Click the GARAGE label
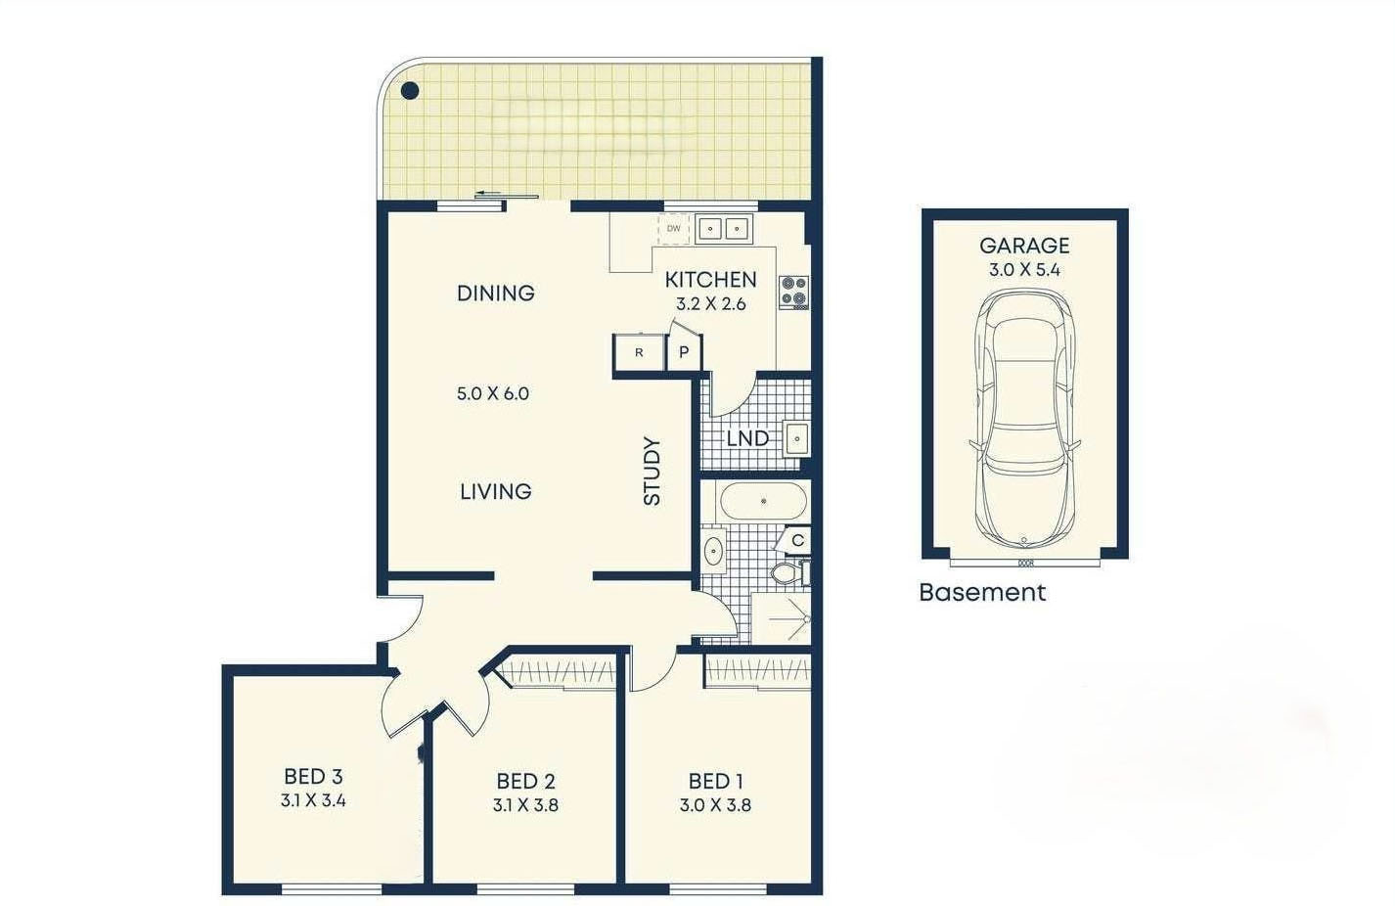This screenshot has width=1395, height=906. click(1024, 246)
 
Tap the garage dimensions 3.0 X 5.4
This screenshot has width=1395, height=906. click(1024, 270)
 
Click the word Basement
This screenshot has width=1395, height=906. click(982, 592)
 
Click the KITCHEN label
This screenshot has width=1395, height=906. click(710, 280)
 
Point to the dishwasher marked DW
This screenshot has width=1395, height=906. click(674, 229)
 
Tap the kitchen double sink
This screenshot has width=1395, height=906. click(724, 229)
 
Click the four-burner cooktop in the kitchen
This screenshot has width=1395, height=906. click(794, 292)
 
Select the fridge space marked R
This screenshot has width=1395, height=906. click(639, 352)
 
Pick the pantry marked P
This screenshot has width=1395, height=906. click(684, 352)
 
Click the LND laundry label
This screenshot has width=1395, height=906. click(747, 438)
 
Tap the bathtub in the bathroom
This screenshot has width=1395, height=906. click(763, 501)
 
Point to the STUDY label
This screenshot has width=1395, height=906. click(652, 471)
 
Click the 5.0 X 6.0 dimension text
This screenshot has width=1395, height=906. click(493, 393)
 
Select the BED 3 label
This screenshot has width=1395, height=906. click(313, 777)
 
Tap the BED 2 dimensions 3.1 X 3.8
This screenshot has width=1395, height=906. click(525, 805)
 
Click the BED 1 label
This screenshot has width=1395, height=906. click(715, 781)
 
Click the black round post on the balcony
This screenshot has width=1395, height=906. click(409, 91)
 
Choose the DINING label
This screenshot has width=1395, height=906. click(496, 293)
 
